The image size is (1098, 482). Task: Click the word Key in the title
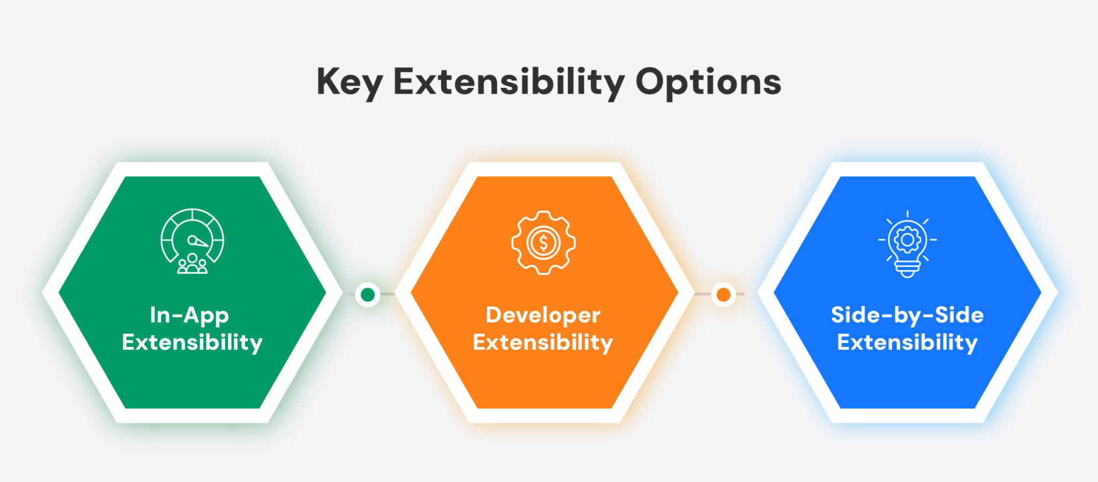click(349, 83)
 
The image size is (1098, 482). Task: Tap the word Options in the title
click(708, 83)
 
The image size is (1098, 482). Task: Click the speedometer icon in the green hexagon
click(192, 241)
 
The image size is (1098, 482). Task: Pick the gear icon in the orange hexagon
click(543, 242)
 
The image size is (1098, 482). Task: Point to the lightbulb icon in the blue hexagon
click(907, 243)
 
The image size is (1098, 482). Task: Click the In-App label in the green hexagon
click(189, 316)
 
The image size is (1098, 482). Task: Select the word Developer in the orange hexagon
click(543, 316)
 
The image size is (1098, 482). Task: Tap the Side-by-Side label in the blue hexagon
click(907, 315)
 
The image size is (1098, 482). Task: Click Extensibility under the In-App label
click(192, 342)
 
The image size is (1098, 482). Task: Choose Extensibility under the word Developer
click(543, 342)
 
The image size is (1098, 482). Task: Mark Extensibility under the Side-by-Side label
click(907, 342)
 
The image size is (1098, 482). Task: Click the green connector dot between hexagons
click(368, 294)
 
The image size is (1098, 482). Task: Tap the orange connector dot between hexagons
click(723, 294)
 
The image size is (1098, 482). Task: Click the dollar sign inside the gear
click(543, 243)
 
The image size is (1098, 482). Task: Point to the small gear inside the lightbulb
click(907, 239)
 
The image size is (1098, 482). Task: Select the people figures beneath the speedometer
click(192, 264)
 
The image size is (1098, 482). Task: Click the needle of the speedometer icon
click(198, 242)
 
